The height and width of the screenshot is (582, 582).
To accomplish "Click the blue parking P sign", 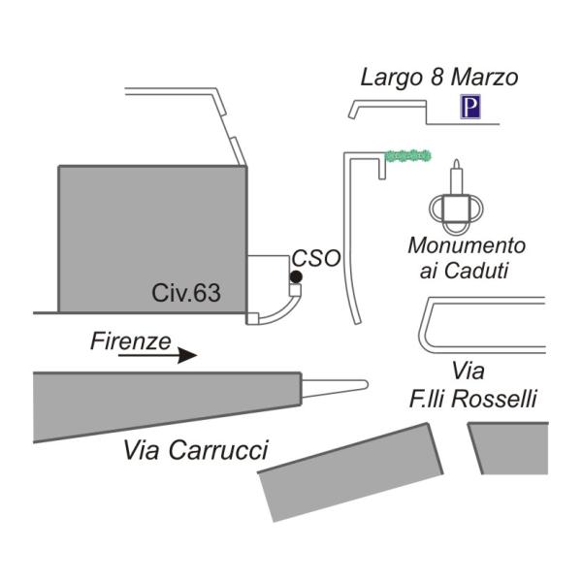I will [x=470, y=107].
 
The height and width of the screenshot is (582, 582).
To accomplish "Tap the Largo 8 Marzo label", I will [x=439, y=78].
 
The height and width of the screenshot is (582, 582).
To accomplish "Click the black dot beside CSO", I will [x=296, y=277].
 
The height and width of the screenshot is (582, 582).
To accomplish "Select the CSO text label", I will [x=317, y=259].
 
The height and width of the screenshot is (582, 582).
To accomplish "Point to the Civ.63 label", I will [x=186, y=294].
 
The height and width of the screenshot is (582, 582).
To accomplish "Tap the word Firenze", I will [x=131, y=340].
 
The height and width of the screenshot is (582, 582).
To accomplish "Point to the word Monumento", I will [x=467, y=245].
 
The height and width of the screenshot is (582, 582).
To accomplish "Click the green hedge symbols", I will [x=407, y=155].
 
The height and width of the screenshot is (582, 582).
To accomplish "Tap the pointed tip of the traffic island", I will [x=364, y=385].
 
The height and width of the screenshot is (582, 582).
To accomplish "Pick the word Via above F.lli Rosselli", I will [x=469, y=371].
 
